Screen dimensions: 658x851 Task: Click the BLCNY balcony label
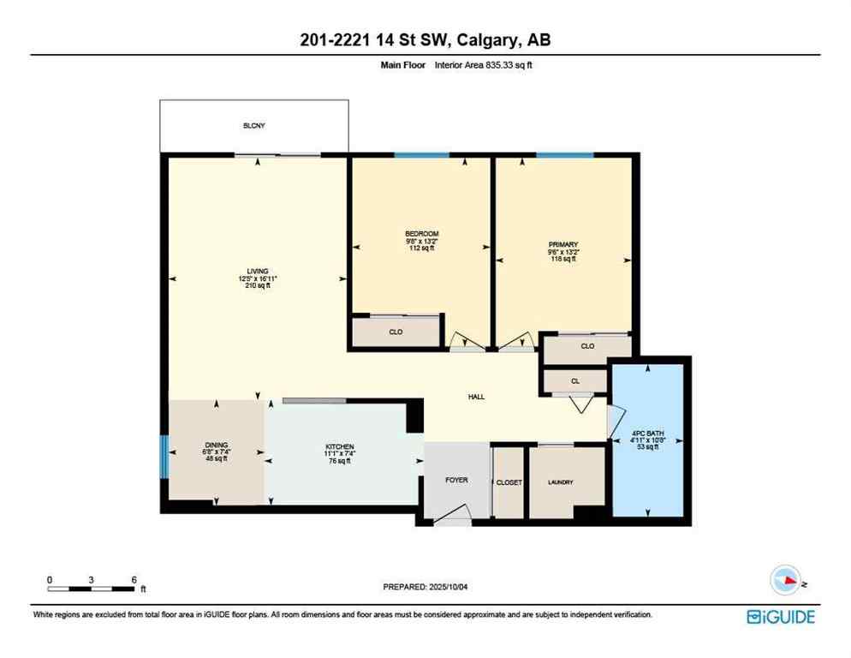click(x=253, y=126)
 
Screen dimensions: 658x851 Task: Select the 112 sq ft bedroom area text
click(x=422, y=248)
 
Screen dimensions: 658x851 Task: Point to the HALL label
click(x=477, y=397)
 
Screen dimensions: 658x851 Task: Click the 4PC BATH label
click(x=647, y=433)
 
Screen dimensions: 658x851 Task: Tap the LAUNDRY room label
click(x=561, y=482)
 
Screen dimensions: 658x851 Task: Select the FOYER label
click(x=456, y=480)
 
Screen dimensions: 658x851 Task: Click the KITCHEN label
click(x=340, y=447)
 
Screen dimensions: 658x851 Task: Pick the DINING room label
click(x=214, y=445)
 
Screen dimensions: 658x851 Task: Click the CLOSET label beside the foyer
click(x=509, y=482)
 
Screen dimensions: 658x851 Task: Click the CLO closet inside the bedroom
click(x=396, y=331)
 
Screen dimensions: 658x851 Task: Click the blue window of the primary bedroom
click(x=564, y=154)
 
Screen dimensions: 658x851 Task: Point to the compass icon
click(x=786, y=580)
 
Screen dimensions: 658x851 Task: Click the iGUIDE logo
click(x=780, y=616)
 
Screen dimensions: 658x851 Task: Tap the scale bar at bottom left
click(x=92, y=587)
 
